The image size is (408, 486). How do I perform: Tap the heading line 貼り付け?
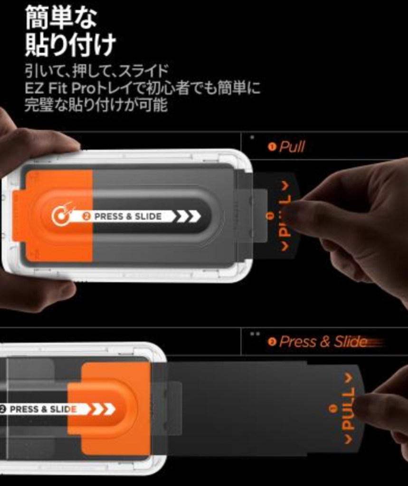(70, 45)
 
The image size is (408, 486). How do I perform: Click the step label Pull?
(292, 146)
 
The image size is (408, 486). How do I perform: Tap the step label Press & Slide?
(323, 341)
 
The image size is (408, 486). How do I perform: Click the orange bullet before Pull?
(272, 147)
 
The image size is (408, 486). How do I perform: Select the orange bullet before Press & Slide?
(272, 342)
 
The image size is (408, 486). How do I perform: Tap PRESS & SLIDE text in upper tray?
(127, 217)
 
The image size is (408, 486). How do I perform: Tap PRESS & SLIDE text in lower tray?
(43, 409)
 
